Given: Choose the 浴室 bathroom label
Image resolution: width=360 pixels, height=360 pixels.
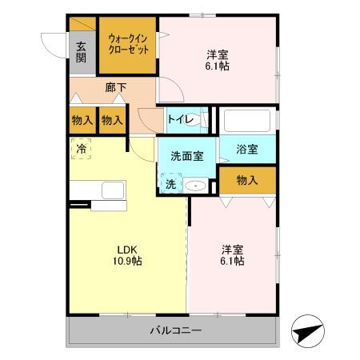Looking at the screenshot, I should pos(248,149).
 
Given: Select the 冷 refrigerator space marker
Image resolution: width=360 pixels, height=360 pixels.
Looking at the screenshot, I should pos(82,148).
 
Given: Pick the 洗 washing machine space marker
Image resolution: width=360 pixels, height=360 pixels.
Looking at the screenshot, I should pos(170,184).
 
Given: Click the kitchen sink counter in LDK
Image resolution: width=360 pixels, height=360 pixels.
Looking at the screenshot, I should pos(98,193).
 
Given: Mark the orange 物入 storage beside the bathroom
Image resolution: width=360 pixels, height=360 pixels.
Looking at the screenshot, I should pos(248,181).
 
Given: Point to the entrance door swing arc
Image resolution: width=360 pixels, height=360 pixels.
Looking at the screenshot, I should pos(50,44).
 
